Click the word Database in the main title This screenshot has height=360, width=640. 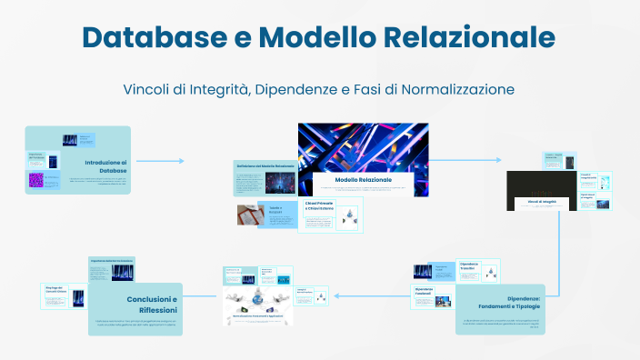click(162, 37)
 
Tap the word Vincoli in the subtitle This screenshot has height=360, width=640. click(148, 90)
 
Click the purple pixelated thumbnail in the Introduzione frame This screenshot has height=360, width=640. click(35, 180)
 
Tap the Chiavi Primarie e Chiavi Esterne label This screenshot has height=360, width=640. click(319, 206)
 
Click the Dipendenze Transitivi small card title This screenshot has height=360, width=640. click(472, 266)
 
